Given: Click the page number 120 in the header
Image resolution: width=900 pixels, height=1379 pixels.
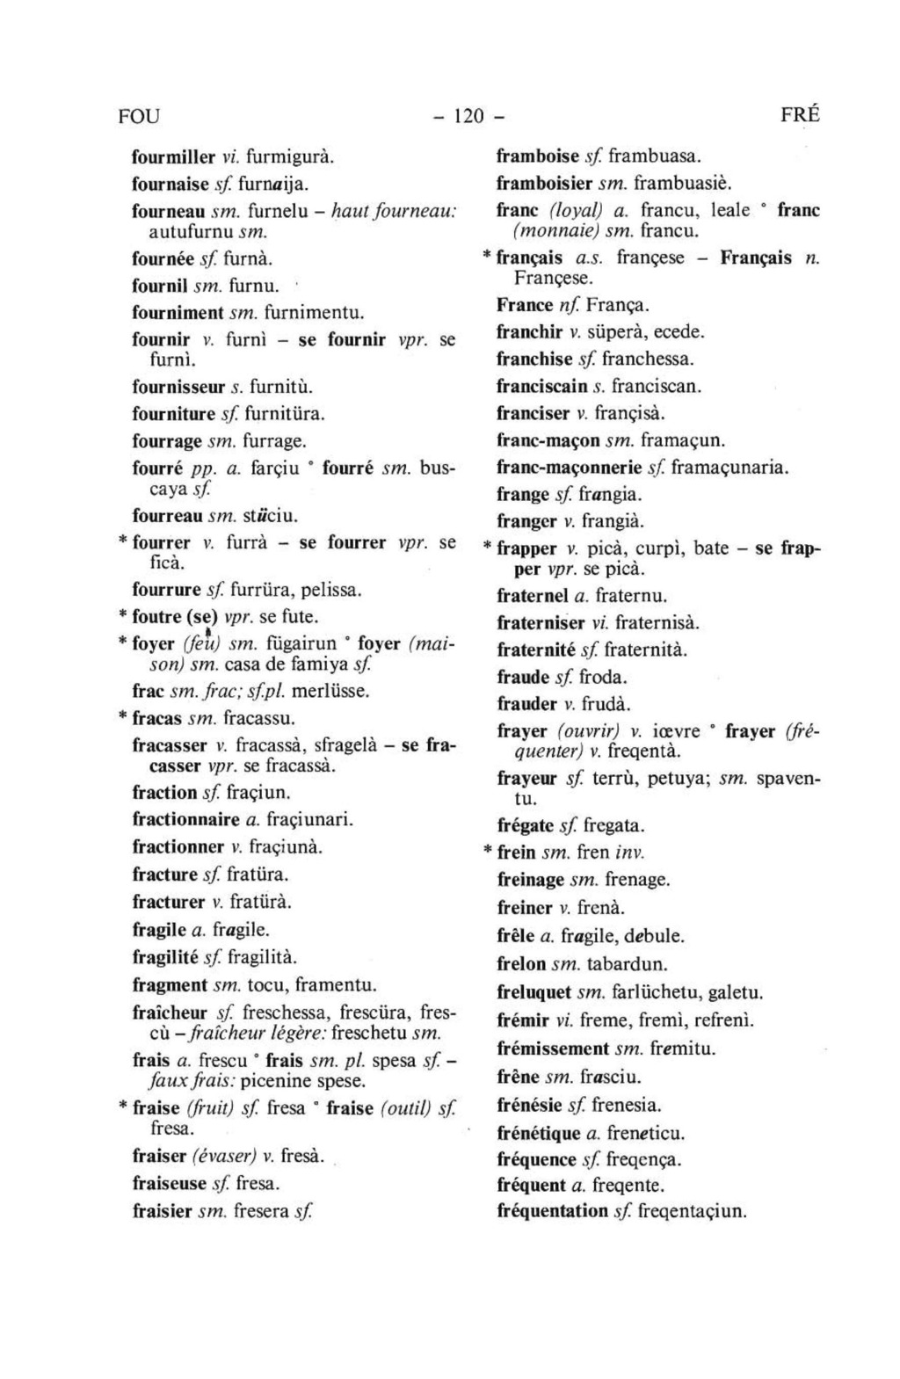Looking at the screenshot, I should click(469, 116).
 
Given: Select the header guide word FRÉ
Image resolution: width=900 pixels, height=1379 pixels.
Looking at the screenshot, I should click(799, 115).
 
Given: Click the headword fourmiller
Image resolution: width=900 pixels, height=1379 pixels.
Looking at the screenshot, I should click(173, 158).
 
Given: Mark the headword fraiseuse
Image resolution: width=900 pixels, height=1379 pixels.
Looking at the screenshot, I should click(169, 1183).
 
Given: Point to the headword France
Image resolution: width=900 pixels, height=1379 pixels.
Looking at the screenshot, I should click(524, 306).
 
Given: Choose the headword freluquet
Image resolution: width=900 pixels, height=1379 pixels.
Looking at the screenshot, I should click(533, 993).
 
